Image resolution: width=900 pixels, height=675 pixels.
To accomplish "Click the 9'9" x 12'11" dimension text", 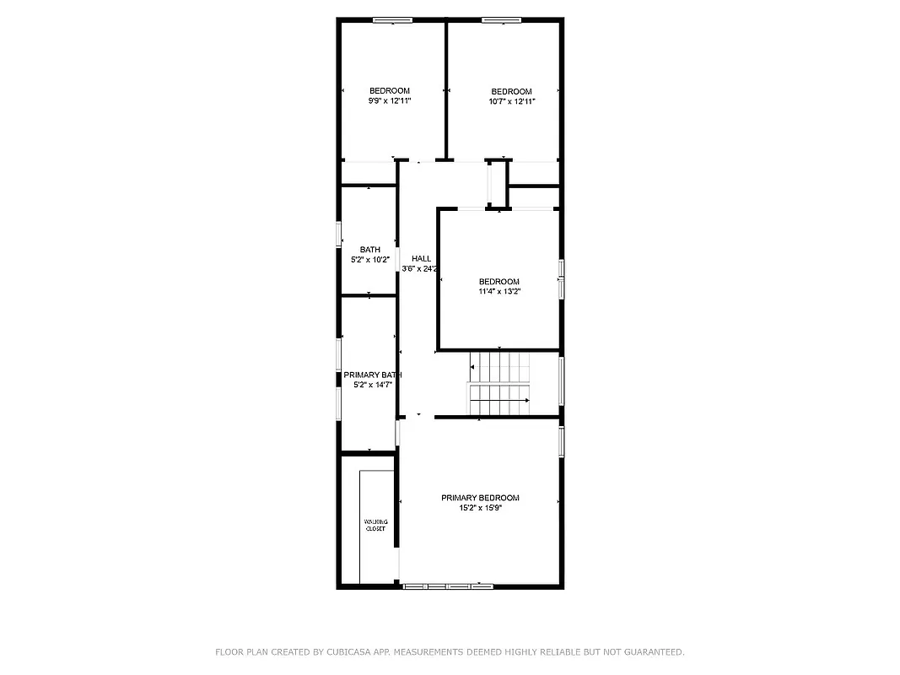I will click(x=389, y=101).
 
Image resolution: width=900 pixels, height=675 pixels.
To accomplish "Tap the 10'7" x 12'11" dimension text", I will click(x=512, y=101).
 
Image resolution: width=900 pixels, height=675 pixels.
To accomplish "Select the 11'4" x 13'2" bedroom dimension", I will click(x=499, y=292).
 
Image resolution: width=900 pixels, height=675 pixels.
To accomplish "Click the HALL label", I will click(x=421, y=259).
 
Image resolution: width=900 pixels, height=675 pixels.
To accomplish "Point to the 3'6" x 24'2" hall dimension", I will click(x=421, y=269).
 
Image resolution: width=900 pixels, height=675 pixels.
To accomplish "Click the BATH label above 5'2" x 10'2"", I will click(x=369, y=250).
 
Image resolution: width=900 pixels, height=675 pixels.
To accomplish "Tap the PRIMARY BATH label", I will click(x=372, y=375).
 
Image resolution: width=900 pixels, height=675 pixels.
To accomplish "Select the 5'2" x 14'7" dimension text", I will click(x=372, y=385).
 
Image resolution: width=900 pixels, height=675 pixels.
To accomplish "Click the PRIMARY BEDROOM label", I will click(x=480, y=498).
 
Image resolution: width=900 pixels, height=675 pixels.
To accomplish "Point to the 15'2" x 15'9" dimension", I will click(x=480, y=508).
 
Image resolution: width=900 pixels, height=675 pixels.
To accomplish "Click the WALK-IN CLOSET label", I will click(x=375, y=526).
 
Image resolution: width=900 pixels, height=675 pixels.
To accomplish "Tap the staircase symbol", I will click(x=500, y=385).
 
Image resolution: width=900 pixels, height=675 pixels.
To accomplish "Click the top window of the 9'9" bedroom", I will click(x=392, y=20).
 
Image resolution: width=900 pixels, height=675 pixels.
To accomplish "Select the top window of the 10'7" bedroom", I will click(x=500, y=20).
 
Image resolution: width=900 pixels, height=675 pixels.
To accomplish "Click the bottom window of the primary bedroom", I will click(x=448, y=585).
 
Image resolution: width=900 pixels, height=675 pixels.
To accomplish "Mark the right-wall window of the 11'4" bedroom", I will click(x=561, y=278).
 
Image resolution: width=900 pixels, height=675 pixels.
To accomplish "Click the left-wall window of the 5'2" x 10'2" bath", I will click(x=339, y=234).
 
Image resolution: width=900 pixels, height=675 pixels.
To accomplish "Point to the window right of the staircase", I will click(x=561, y=381).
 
